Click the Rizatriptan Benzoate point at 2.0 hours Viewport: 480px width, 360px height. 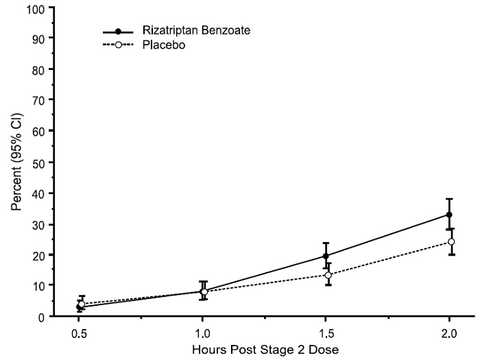449,215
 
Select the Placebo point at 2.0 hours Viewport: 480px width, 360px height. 451,242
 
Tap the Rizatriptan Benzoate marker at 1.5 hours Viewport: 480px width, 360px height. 326,256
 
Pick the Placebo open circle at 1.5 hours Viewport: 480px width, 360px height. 328,275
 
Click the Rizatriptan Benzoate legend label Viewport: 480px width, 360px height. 187,32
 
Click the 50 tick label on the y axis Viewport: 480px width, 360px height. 38,162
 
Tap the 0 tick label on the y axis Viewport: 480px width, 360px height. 41,317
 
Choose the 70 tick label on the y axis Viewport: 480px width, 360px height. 38,100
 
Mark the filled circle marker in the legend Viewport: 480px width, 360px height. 118,32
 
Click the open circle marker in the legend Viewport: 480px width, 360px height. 118,45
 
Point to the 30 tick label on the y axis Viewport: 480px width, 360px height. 38,224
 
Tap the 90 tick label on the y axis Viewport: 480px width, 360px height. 38,38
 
